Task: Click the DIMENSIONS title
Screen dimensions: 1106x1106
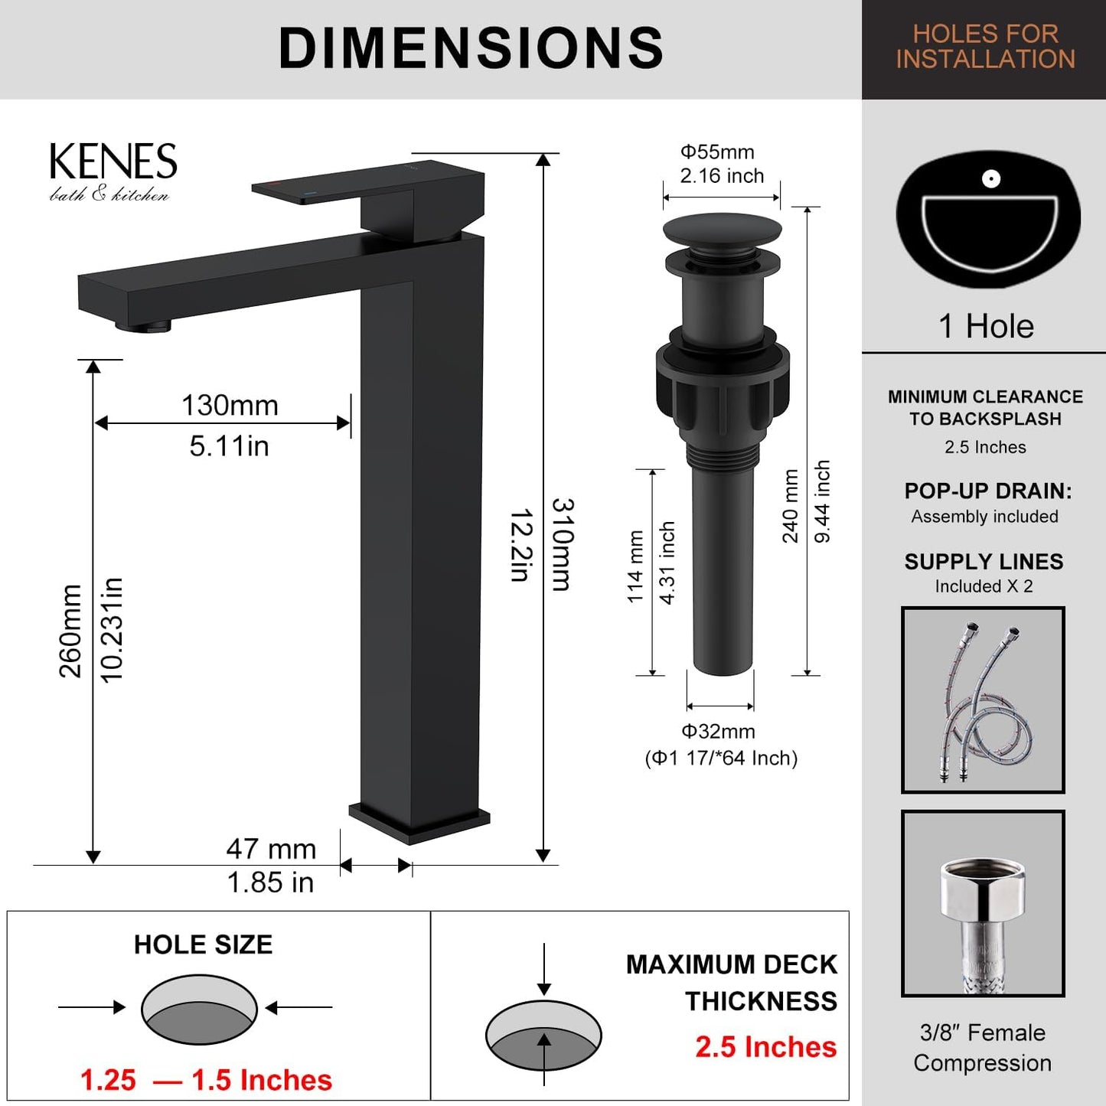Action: [471, 48]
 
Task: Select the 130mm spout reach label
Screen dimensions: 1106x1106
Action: [230, 406]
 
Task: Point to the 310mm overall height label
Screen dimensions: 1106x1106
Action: [563, 544]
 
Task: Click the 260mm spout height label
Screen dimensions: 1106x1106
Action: [70, 631]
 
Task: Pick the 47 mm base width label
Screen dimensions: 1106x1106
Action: [271, 849]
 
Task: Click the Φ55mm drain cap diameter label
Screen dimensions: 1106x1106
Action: [718, 152]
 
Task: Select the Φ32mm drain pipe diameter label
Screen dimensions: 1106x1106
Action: [719, 732]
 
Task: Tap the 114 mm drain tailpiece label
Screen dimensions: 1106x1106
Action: [635, 566]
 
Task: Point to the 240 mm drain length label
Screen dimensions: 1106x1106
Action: [790, 506]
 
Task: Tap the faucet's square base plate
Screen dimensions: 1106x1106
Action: [419, 822]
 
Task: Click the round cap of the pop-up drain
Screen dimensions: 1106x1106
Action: [722, 229]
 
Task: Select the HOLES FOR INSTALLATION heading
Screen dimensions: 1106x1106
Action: [985, 47]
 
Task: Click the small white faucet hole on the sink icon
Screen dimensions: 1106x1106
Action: [990, 179]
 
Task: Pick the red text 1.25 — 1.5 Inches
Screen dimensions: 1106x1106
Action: [206, 1080]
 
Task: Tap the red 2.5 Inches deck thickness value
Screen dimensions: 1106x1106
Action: [765, 1046]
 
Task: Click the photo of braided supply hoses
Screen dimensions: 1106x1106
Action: [983, 700]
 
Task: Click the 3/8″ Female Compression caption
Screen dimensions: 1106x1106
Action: [983, 1048]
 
